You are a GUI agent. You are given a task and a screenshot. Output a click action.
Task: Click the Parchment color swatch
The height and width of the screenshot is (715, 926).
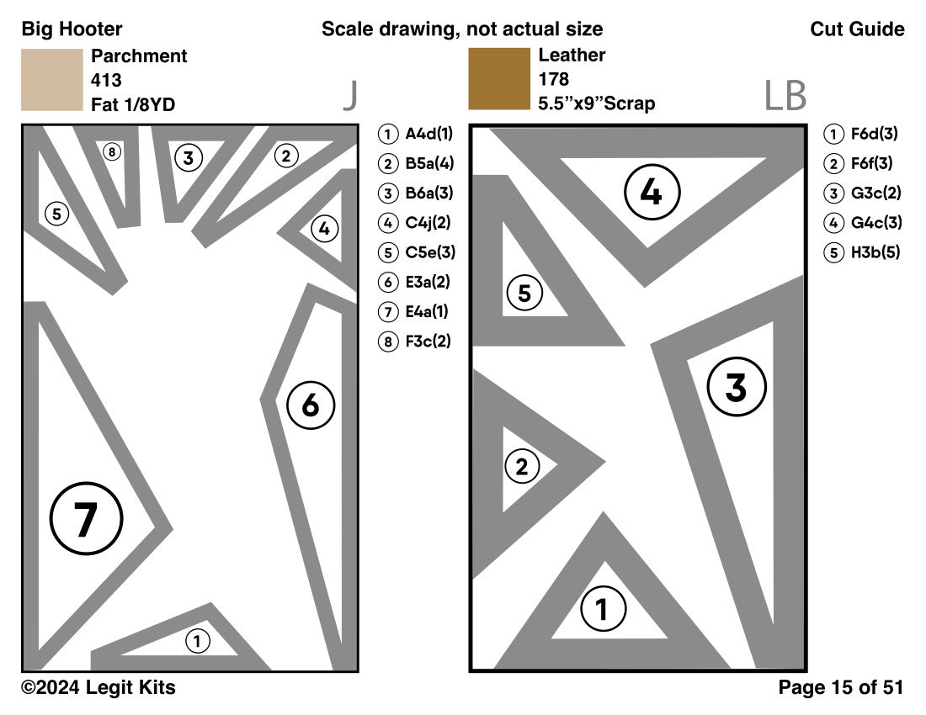51,80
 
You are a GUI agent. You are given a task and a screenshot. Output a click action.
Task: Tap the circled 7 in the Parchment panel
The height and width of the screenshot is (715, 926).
86,519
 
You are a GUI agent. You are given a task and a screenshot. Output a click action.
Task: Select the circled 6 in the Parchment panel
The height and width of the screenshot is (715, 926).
311,405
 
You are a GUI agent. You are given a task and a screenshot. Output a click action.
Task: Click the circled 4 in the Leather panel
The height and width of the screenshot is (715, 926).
651,193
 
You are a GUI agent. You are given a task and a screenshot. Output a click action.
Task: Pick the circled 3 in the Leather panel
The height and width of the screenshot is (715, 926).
736,388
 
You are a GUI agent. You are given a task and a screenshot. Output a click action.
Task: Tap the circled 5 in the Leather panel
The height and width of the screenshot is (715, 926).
524,294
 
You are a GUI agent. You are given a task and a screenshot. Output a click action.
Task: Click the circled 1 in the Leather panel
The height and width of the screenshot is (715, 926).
601,609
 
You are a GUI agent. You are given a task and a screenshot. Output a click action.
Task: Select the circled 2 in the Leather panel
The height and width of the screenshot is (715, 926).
522,467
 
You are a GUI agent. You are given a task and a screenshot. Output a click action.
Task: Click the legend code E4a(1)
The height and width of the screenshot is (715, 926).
427,311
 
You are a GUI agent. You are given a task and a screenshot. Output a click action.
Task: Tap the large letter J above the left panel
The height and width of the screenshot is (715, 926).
350,97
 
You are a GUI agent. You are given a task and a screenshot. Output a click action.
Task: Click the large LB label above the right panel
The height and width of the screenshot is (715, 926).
785,97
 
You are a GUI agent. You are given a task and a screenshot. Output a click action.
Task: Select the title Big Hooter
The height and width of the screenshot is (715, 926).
72,29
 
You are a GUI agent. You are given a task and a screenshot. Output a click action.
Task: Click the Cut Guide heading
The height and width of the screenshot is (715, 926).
857,29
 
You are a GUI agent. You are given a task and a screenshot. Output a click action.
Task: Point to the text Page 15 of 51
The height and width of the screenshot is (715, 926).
840,687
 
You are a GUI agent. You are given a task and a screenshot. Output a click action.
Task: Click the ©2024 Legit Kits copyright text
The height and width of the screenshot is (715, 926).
98,687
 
